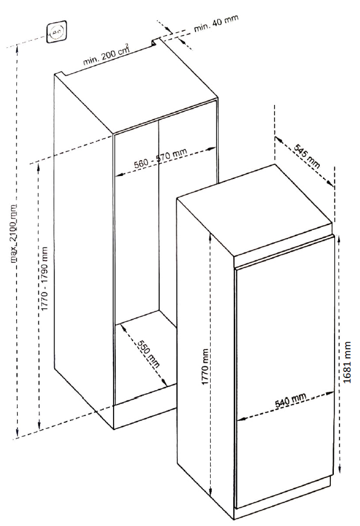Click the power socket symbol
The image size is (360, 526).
(x=56, y=32)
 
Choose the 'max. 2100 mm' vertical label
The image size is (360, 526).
(x=15, y=232)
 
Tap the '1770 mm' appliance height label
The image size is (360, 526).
(x=205, y=367)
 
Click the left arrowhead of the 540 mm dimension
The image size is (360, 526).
(x=241, y=419)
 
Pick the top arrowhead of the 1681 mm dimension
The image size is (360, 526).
(x=339, y=238)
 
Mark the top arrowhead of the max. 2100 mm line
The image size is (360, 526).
(x=18, y=49)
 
